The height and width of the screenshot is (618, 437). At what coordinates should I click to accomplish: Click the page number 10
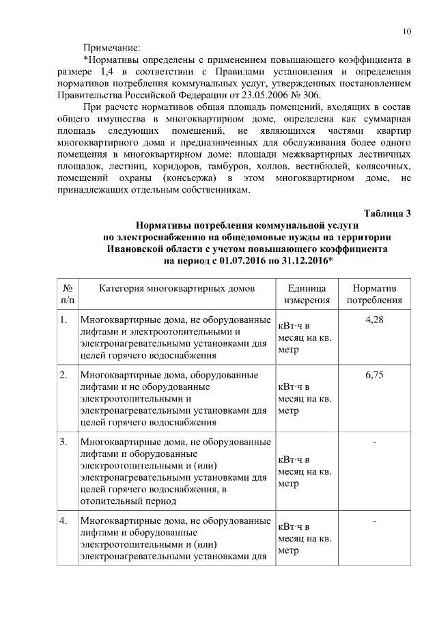407,31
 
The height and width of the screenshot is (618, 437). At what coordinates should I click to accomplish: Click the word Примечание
111,48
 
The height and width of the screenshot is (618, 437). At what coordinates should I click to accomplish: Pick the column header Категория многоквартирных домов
177,288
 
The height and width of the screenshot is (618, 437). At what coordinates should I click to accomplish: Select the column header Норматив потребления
373,294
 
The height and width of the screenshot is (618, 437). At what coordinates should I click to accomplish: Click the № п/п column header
68,294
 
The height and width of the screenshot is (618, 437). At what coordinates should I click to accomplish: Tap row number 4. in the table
63,522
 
